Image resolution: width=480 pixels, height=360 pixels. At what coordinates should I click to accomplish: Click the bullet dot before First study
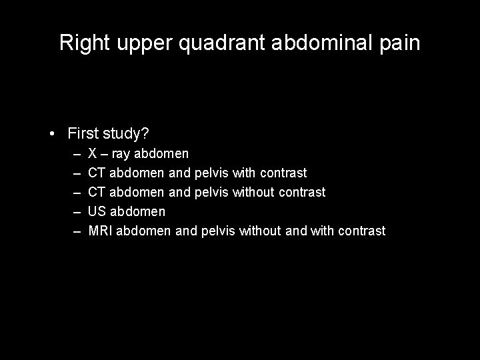tap(53, 134)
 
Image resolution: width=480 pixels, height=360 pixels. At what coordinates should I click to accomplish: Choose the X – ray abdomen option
tap(138, 154)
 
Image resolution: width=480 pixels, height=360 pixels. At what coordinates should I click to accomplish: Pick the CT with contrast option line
tap(197, 173)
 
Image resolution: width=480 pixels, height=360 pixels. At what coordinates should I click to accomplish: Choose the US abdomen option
tap(127, 211)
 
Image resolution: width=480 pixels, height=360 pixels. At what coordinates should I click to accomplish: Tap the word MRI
tap(101, 231)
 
